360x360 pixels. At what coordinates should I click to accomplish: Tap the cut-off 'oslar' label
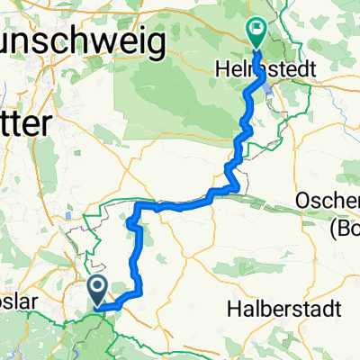coord(19,303)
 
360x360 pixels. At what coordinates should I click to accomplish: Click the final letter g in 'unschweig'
coord(156,44)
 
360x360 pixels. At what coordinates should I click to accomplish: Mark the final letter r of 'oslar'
coord(36,303)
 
